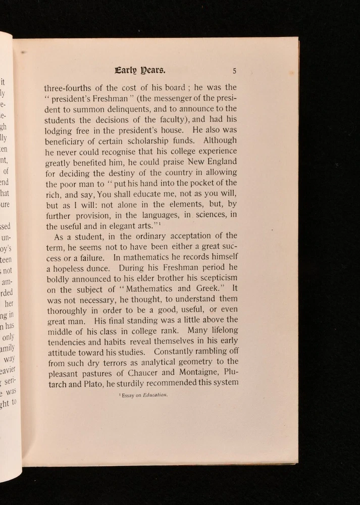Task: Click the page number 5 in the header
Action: (x=235, y=71)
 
